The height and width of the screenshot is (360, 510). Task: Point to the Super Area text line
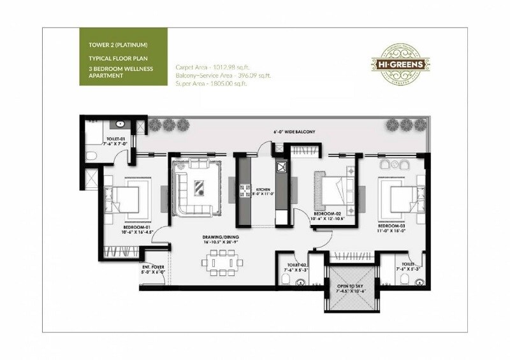pyautogui.click(x=210, y=83)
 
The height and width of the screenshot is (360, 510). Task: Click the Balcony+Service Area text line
pyautogui.click(x=222, y=75)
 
